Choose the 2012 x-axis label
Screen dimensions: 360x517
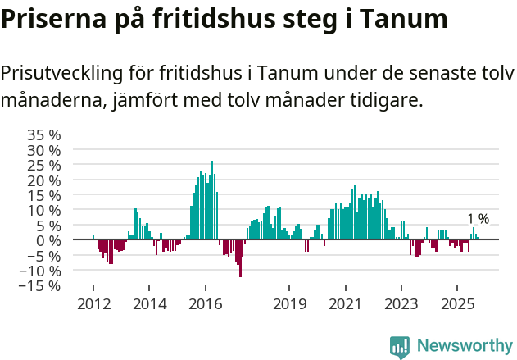93,305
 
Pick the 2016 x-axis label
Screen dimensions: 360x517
205,305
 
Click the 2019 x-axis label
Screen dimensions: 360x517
288,305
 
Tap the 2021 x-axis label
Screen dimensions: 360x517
345,305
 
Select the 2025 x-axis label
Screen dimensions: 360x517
457,305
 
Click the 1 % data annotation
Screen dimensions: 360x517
478,219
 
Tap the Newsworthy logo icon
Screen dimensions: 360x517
400,347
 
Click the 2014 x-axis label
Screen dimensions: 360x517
148,305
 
